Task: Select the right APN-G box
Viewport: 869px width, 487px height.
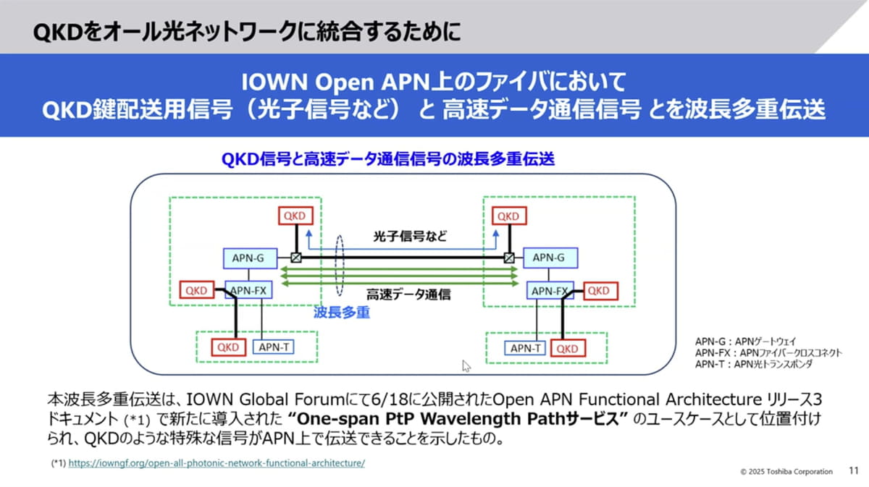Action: [543, 258]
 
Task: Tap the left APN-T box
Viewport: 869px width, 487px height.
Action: [273, 347]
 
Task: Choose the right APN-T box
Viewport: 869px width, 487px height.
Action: [526, 348]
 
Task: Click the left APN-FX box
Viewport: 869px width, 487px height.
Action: [248, 291]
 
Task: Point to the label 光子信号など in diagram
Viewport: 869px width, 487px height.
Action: [410, 237]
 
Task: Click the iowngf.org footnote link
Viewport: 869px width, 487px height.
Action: [217, 463]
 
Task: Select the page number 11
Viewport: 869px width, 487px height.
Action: [852, 471]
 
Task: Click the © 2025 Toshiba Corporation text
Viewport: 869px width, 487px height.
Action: [786, 472]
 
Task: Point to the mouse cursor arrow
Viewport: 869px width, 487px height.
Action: [466, 365]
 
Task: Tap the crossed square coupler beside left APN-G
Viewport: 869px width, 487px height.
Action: [295, 258]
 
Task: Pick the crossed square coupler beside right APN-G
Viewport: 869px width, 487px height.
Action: [509, 258]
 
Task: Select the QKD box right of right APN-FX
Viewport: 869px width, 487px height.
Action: [597, 291]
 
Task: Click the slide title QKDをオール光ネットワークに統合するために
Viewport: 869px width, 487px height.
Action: [246, 32]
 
